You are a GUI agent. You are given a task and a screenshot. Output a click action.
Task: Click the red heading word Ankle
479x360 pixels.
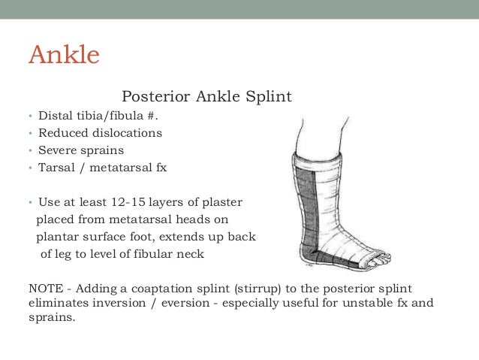64,56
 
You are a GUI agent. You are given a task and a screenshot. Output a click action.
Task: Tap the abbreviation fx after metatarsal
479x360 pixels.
161,168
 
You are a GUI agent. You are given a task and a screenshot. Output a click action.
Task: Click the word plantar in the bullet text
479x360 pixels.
57,237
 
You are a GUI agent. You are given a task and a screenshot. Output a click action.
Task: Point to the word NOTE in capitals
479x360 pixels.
44,289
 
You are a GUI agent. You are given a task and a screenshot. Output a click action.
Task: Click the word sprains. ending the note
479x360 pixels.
50,318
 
